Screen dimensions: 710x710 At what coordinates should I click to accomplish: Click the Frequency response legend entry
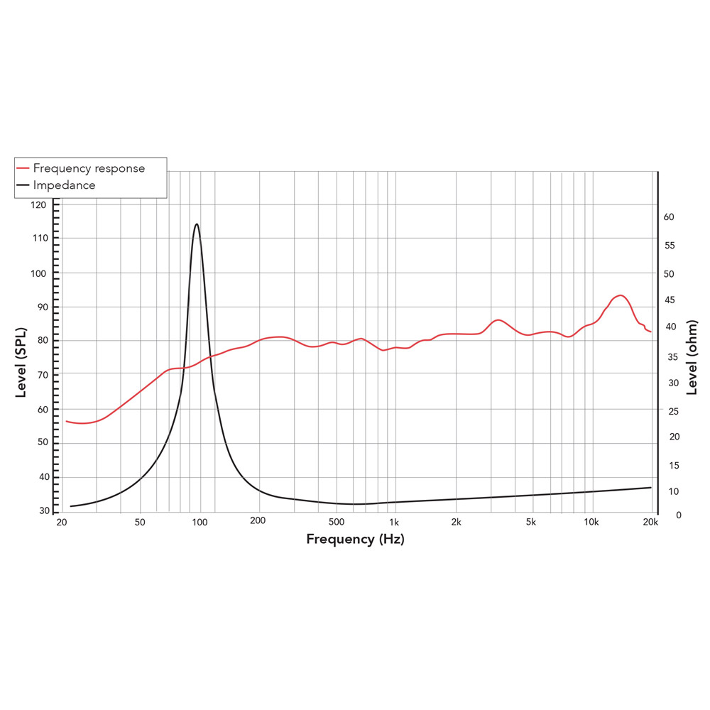point(89,168)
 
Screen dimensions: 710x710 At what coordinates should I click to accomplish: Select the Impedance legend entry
point(64,185)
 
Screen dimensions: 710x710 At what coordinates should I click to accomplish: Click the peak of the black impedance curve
point(197,224)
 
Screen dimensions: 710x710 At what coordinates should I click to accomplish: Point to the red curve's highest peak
point(620,295)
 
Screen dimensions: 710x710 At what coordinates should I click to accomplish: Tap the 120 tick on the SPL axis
point(39,204)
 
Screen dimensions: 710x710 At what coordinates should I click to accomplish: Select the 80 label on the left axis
point(42,341)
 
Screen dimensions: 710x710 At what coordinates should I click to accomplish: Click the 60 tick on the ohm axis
point(668,217)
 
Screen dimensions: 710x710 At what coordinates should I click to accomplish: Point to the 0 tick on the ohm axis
point(679,515)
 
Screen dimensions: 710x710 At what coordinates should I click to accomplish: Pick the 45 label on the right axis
point(668,300)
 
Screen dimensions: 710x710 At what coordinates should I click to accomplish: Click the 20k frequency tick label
point(650,523)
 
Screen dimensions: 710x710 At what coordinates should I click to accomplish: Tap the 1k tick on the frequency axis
point(394,523)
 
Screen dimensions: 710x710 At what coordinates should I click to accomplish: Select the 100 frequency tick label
point(200,523)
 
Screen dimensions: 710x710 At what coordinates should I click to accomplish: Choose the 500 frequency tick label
point(337,523)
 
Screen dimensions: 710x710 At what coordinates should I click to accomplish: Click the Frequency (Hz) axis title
point(355,540)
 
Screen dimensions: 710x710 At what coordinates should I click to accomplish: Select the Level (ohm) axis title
point(692,357)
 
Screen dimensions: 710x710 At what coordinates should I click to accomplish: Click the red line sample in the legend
point(23,169)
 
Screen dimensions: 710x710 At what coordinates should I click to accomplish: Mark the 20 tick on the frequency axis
point(62,523)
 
